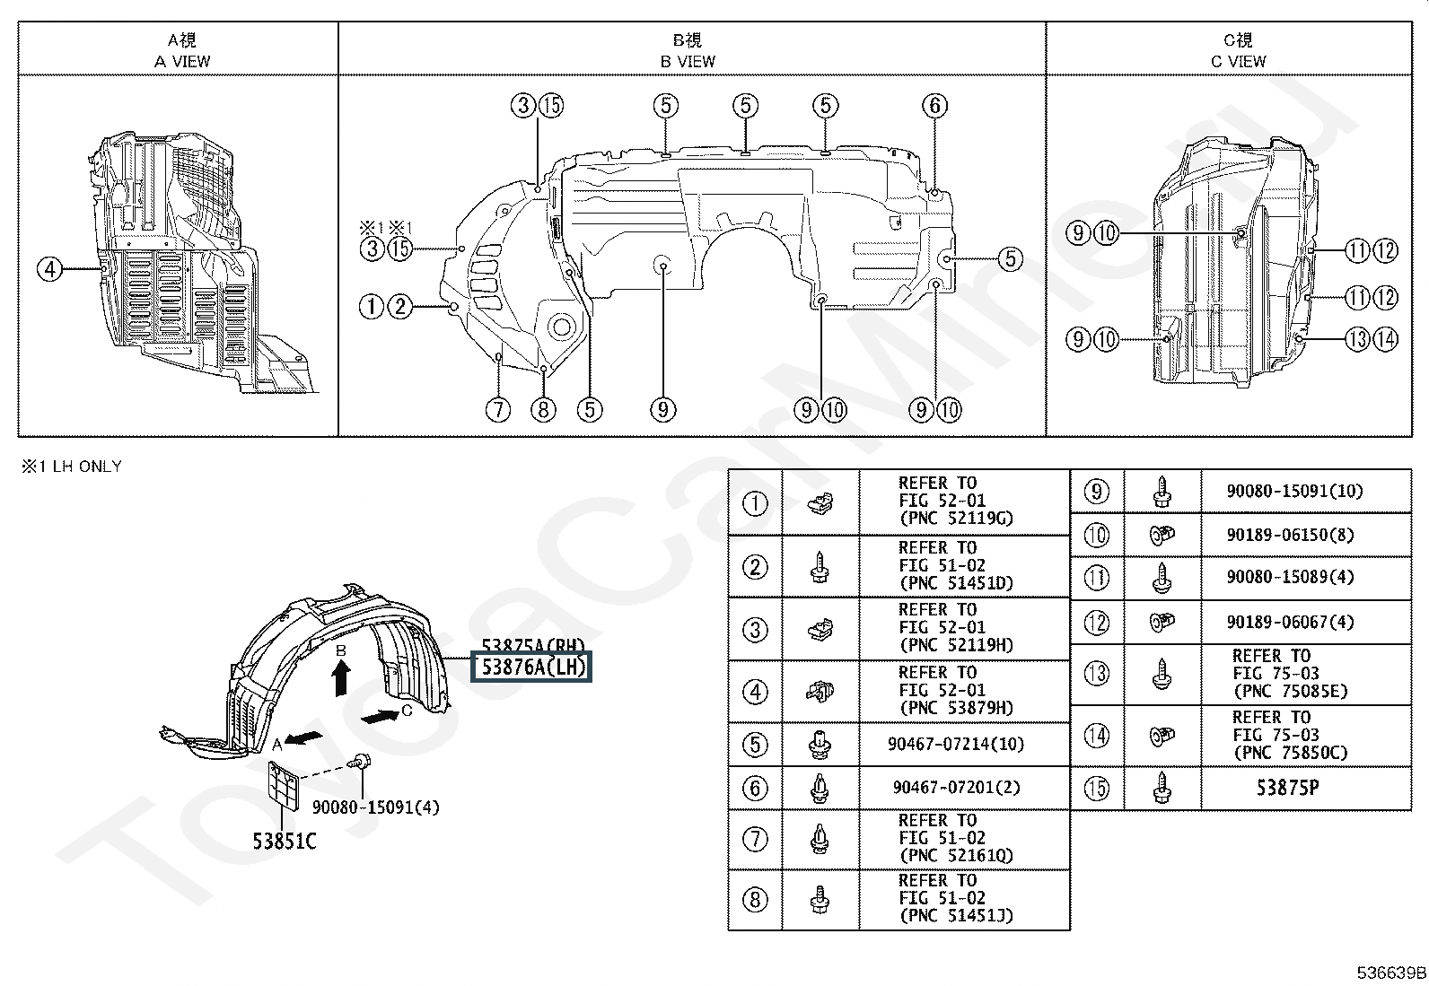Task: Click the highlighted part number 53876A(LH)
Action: point(532,668)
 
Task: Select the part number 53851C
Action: point(284,841)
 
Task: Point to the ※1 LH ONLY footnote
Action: point(71,467)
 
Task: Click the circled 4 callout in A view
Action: point(50,268)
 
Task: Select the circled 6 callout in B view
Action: point(934,106)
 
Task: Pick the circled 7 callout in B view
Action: point(498,410)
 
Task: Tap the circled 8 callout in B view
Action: point(543,410)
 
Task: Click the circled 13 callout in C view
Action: point(1357,338)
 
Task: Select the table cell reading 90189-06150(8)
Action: point(1290,535)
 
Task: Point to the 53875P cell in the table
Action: point(1287,788)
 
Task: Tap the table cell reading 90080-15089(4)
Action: point(1290,577)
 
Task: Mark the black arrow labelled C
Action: point(381,716)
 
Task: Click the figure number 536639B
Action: point(1390,973)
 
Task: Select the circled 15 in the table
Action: point(1097,788)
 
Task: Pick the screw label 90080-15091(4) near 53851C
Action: point(376,807)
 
